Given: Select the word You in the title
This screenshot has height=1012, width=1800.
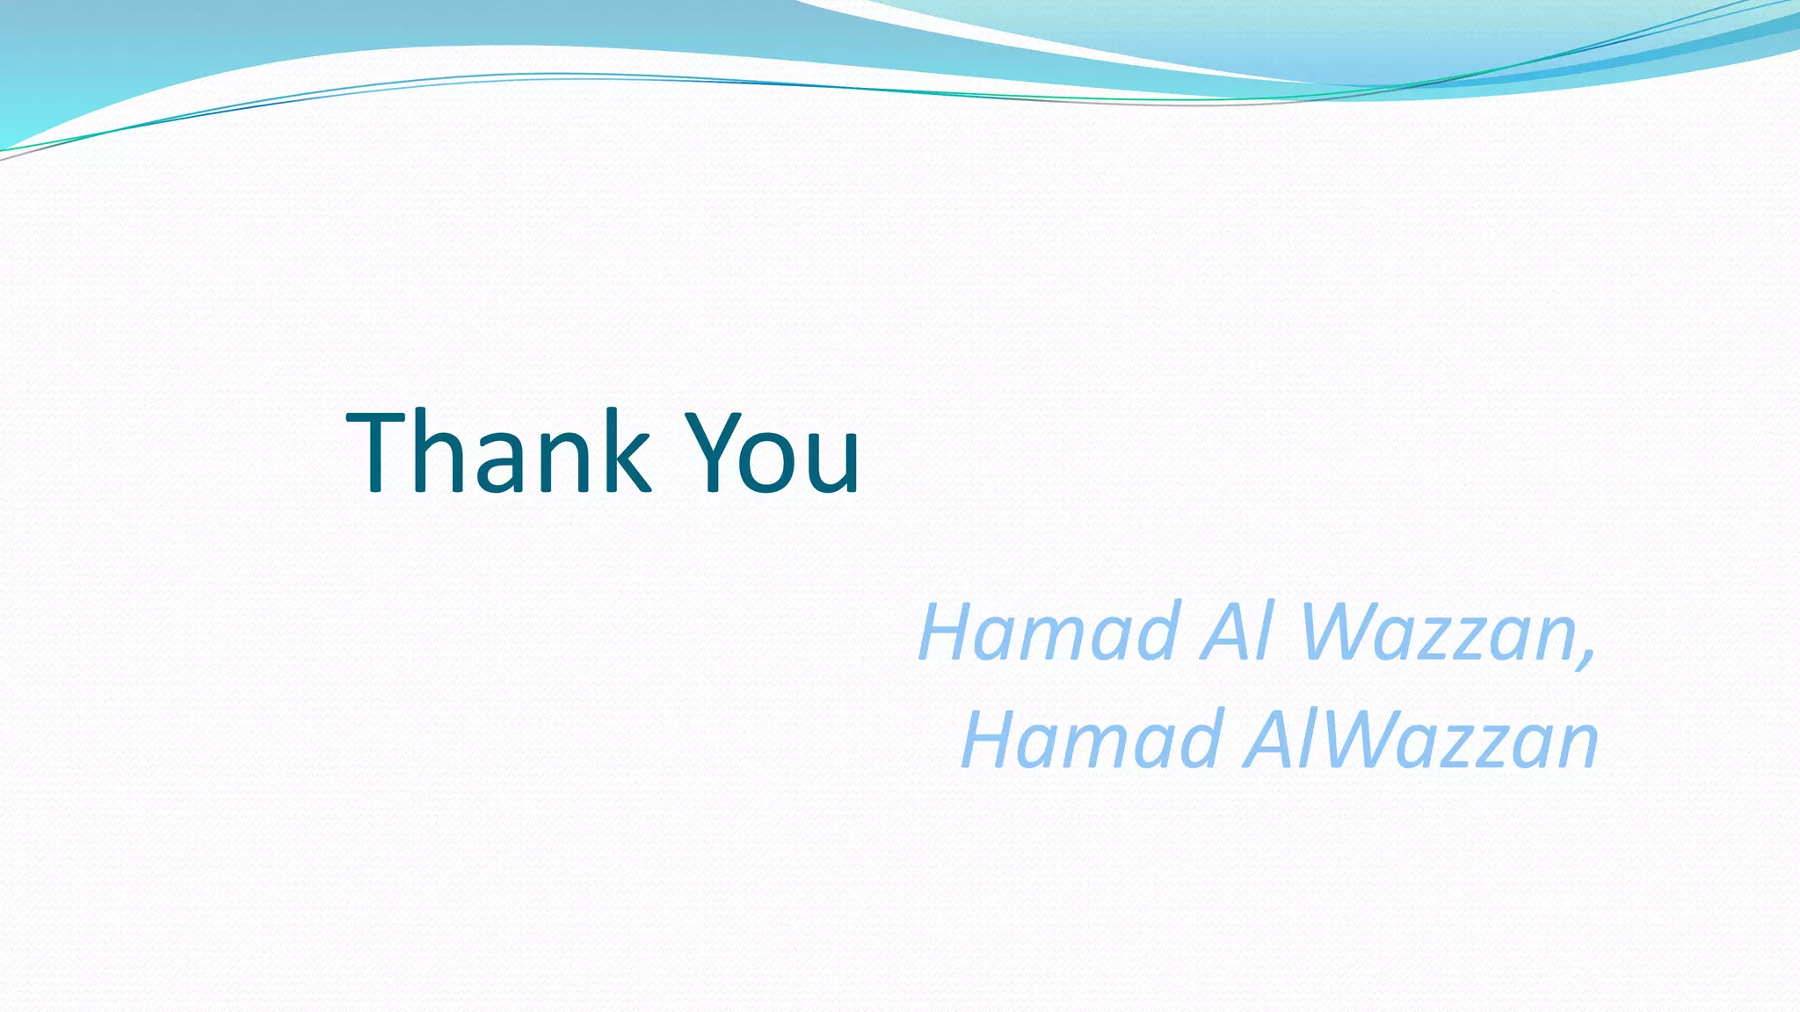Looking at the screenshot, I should click(773, 453).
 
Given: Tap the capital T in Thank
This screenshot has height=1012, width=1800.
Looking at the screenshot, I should click(376, 453).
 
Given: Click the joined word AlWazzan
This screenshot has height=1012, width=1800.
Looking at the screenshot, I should click(1420, 740).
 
